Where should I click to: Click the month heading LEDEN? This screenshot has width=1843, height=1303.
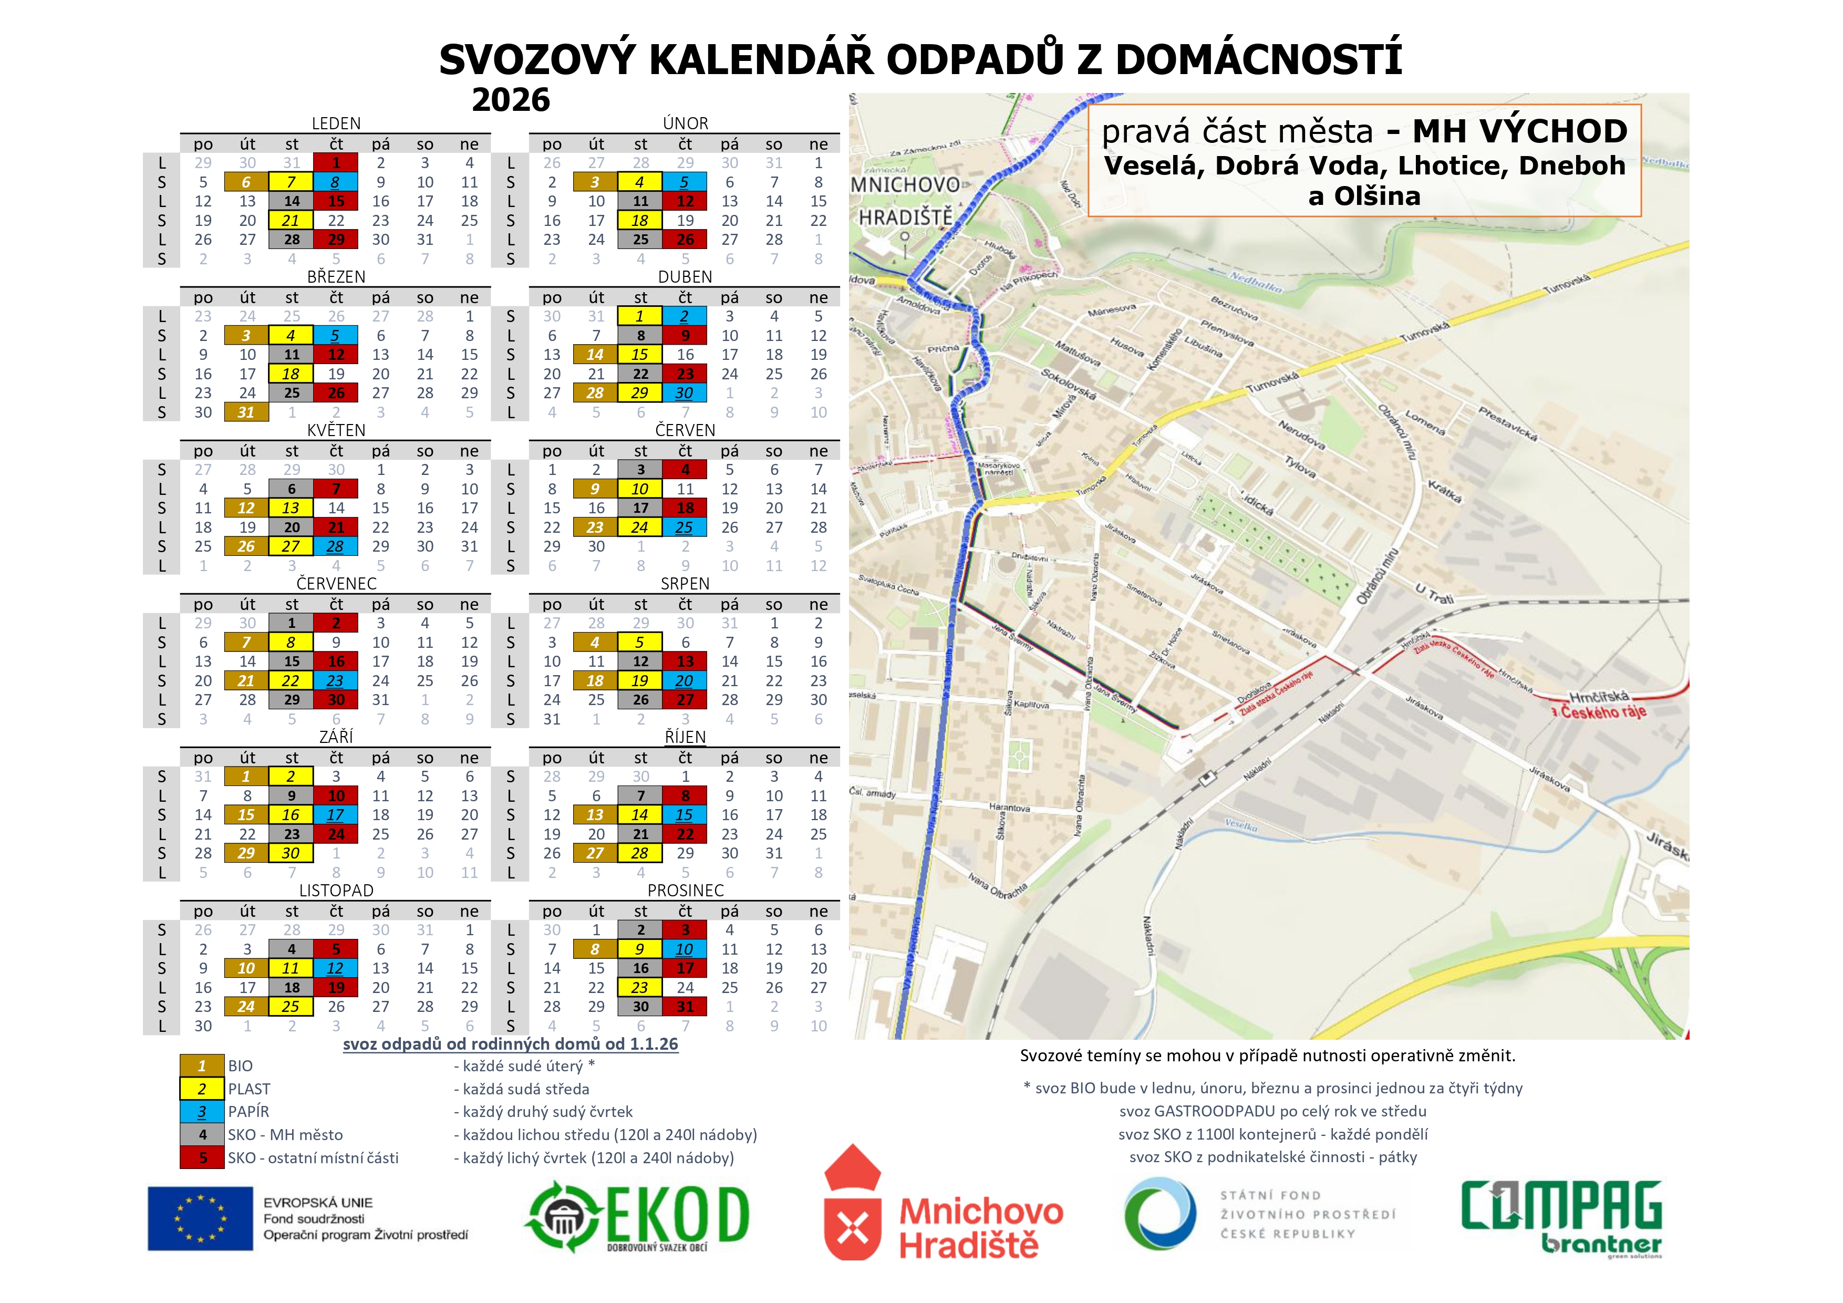click(x=336, y=123)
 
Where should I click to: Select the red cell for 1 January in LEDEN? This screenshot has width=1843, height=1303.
click(x=336, y=163)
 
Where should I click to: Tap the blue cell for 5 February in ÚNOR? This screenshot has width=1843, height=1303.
click(x=685, y=182)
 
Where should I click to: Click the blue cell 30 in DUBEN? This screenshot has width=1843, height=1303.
click(x=685, y=394)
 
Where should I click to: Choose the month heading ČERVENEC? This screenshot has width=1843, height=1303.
click(x=336, y=584)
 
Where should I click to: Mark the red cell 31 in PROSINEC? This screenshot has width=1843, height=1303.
click(x=685, y=1007)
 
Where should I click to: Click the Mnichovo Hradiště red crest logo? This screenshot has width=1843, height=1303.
click(x=853, y=1204)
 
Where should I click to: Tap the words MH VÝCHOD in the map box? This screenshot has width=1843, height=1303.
click(x=1519, y=131)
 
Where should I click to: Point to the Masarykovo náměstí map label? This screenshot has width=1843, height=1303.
click(x=999, y=469)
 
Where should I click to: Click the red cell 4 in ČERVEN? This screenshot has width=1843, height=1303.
click(x=685, y=470)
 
